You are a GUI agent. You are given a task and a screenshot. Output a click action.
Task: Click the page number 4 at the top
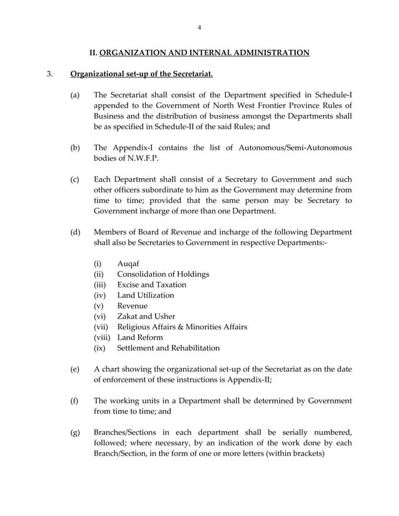click(x=199, y=27)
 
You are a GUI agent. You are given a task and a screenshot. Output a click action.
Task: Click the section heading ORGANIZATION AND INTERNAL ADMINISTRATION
click(x=205, y=52)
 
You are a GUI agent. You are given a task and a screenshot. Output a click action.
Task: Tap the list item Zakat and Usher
click(x=146, y=316)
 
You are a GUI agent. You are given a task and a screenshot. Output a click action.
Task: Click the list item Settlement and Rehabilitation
click(x=168, y=347)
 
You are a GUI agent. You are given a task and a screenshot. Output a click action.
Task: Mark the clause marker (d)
click(x=75, y=232)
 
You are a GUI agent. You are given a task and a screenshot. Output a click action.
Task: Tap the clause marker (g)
click(x=75, y=432)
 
